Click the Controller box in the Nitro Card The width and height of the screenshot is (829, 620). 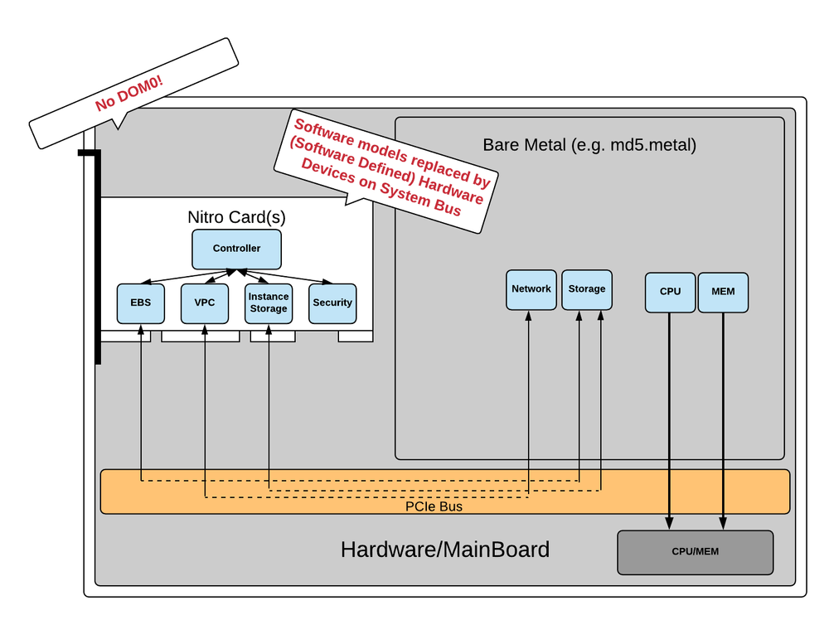236,249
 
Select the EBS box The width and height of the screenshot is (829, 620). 140,303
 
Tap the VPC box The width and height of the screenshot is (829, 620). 205,303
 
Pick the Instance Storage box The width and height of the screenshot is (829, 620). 268,303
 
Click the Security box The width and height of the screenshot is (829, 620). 332,303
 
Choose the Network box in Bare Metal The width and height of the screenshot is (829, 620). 531,289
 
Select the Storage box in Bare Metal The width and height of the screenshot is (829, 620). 587,289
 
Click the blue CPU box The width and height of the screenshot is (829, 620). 670,292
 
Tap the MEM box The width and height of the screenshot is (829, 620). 723,292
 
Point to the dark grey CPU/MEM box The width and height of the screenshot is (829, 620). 695,552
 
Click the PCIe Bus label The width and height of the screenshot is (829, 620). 434,506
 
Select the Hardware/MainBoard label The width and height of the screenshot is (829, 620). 444,550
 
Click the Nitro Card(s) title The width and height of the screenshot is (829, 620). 236,217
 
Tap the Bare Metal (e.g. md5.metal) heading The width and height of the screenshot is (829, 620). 589,146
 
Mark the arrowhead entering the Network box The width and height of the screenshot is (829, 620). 528,316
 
